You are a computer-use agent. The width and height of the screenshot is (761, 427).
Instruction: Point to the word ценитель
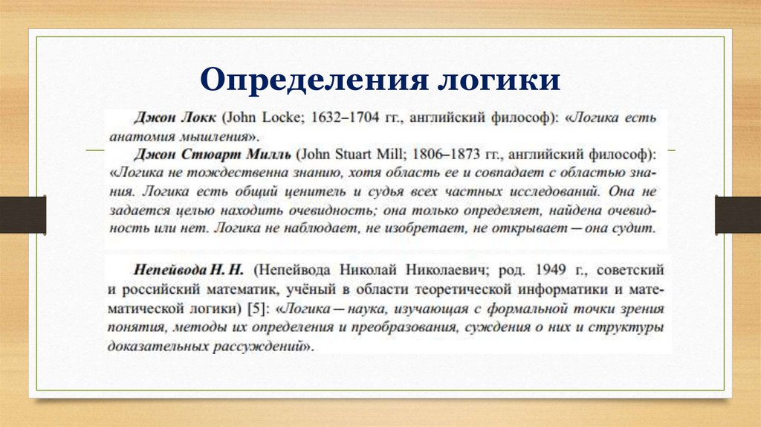(299, 192)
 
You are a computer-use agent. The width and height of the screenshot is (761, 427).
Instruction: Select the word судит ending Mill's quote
(635, 228)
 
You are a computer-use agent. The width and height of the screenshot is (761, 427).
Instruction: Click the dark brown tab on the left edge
(22, 213)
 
